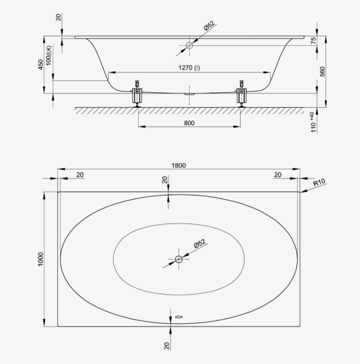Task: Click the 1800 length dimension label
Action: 179,165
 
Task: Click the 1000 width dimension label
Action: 41,259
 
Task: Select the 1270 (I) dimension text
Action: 189,67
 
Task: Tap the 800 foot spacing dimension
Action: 189,123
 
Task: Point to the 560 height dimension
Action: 322,71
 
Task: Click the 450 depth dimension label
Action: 41,65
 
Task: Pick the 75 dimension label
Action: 313,41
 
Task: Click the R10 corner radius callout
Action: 319,182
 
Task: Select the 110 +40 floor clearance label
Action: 313,122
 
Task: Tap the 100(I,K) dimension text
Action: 49,55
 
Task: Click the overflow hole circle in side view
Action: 189,46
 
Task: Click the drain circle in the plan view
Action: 179,259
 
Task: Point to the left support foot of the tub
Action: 137,94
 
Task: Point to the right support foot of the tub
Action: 242,94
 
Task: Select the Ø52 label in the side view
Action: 210,26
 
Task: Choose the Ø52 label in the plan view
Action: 200,244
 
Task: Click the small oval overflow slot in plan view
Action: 179,316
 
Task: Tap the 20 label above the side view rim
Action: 59,17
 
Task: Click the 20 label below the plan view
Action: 166,346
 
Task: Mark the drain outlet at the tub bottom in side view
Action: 189,94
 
